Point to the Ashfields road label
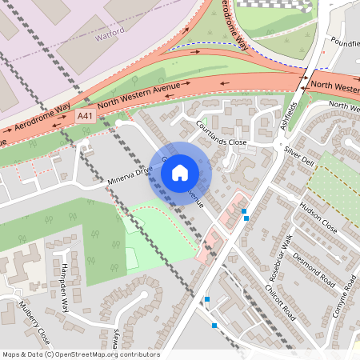pyautogui.click(x=295, y=111)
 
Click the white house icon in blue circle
pyautogui.click(x=180, y=173)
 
